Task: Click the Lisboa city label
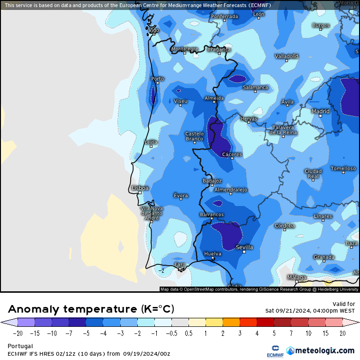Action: pos(140,188)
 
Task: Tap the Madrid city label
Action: pos(320,111)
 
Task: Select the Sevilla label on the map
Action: pos(244,247)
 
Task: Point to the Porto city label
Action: pos(157,79)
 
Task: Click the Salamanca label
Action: pos(255,87)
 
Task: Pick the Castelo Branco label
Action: pos(194,136)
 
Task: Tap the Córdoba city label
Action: pos(284,225)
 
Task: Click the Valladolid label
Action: pos(287,56)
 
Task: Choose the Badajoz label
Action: pos(212,180)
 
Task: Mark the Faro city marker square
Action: pos(180,270)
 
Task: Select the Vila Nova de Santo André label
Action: pos(152,213)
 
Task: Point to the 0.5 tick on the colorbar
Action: pos(189,333)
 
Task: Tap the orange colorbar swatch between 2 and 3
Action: pos(231,323)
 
